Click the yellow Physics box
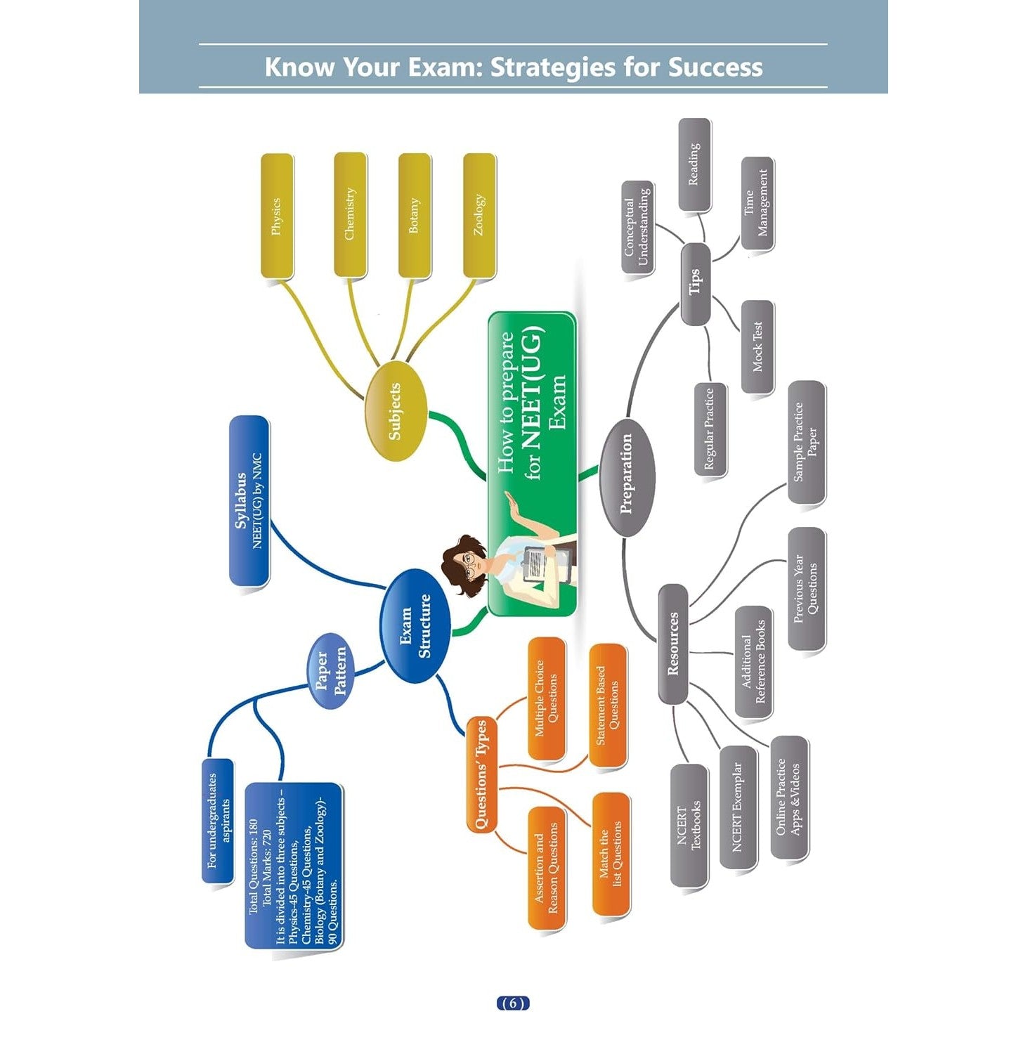click(x=277, y=216)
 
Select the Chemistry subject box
click(x=350, y=214)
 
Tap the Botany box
click(x=415, y=215)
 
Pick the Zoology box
click(x=479, y=215)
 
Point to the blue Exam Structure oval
click(x=415, y=625)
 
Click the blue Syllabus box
click(x=249, y=500)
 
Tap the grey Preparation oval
click(x=627, y=476)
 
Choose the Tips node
click(x=695, y=284)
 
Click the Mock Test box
click(x=757, y=346)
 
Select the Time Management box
click(x=757, y=203)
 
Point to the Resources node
click(x=673, y=644)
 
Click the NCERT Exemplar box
click(x=738, y=807)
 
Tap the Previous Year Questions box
click(x=806, y=589)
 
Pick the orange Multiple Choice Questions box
click(x=546, y=698)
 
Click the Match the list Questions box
click(x=610, y=854)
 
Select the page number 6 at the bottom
click(x=513, y=1003)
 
